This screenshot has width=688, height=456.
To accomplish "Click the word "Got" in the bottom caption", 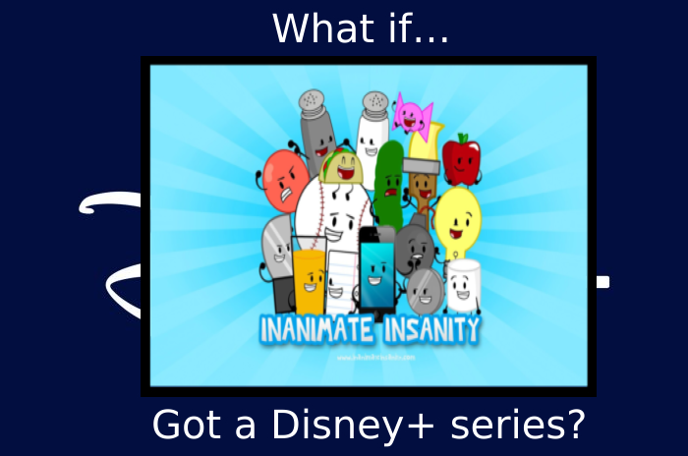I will coord(183,426).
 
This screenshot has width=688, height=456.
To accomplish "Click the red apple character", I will coord(460,160).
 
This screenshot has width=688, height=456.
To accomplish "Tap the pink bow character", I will coord(412,115).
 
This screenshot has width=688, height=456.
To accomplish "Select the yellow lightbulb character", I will coord(457,217).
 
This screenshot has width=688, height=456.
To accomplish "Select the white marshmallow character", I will coord(463,284).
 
